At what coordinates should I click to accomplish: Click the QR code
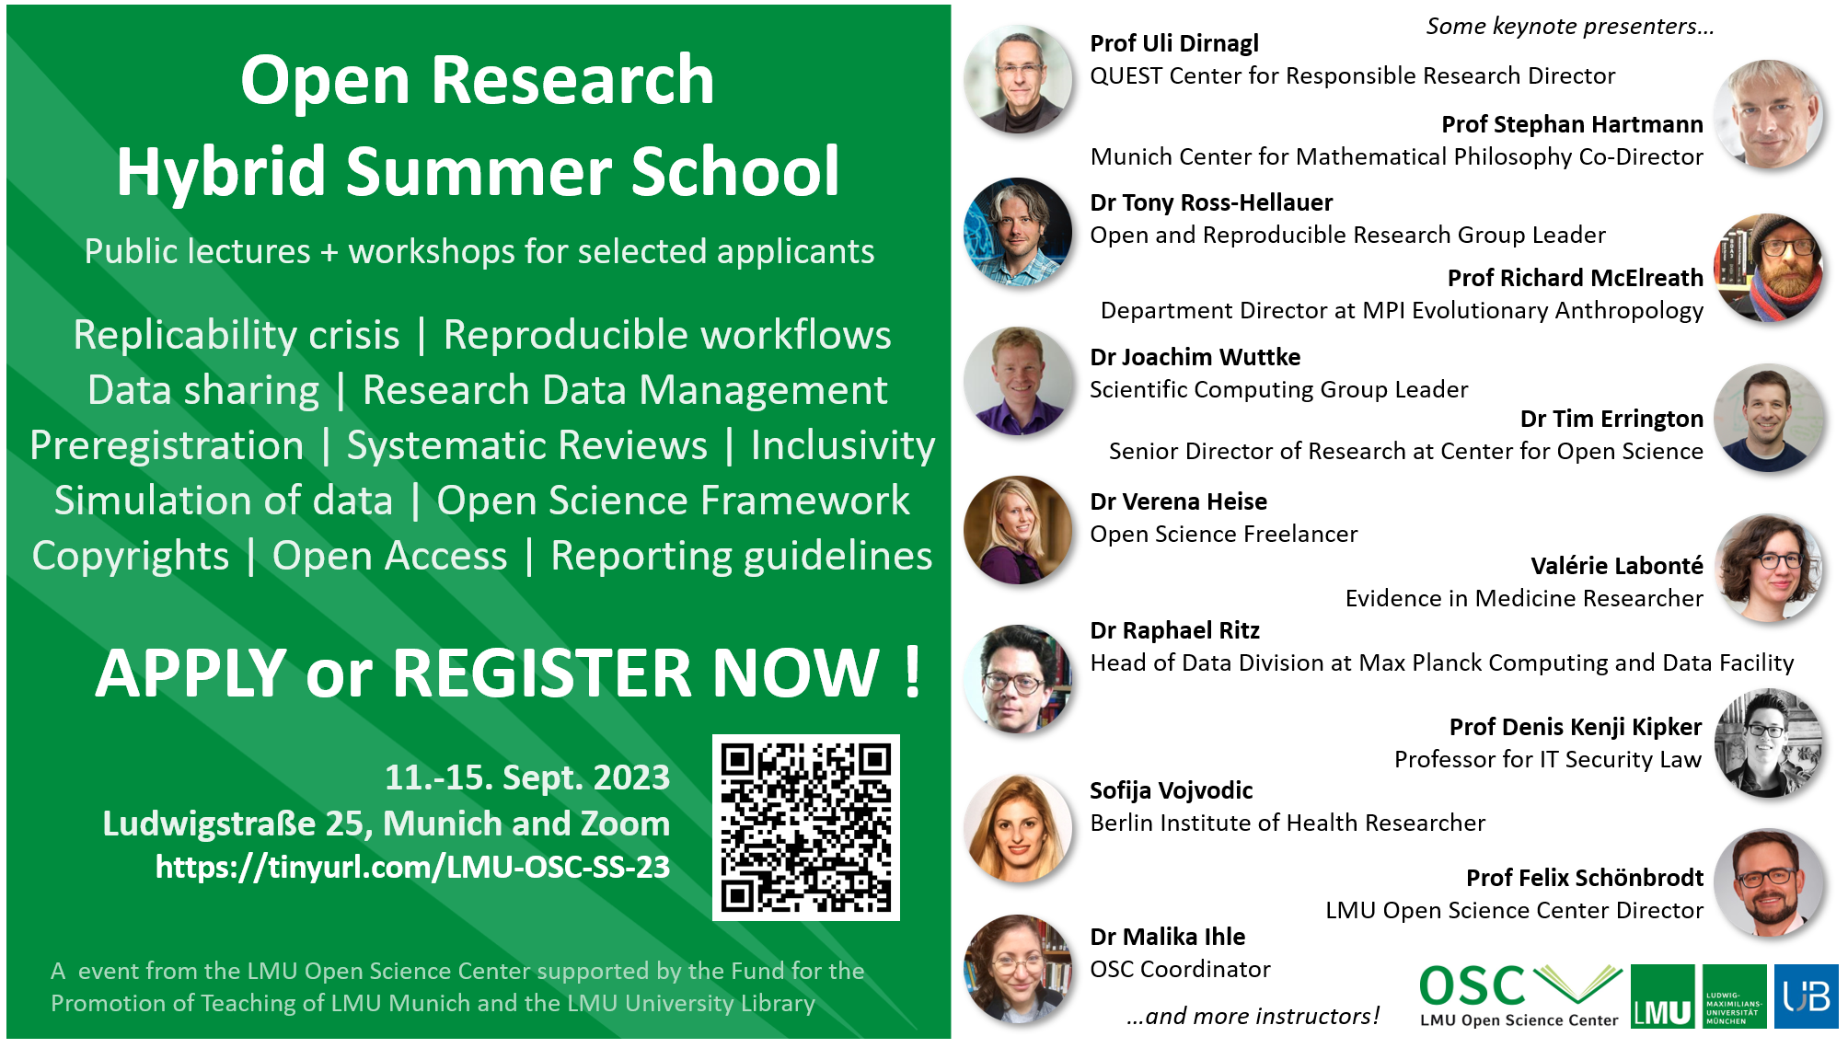[x=806, y=827]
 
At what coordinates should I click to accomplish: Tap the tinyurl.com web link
[x=412, y=867]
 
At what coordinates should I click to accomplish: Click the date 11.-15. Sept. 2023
[x=527, y=777]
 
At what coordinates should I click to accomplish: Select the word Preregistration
[x=167, y=446]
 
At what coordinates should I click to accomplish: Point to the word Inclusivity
[x=843, y=446]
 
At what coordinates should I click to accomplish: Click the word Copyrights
[x=131, y=557]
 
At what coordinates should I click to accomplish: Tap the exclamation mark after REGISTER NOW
[x=912, y=672]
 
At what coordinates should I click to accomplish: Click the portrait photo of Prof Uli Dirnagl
[x=1018, y=79]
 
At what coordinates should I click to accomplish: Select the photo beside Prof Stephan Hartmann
[x=1769, y=114]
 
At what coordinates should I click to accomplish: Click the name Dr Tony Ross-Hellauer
[x=1211, y=202]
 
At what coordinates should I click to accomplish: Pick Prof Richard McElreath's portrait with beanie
[x=1769, y=268]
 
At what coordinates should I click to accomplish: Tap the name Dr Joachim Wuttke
[x=1195, y=357]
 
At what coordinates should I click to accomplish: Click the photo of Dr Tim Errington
[x=1769, y=419]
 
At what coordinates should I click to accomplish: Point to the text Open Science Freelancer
[x=1224, y=534]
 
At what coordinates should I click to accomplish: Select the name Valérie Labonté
[x=1617, y=566]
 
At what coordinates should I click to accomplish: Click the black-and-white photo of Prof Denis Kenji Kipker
[x=1769, y=743]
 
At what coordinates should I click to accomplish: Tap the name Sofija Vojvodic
[x=1172, y=790]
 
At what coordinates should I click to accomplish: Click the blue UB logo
[x=1806, y=996]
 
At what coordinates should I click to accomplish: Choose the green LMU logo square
[x=1662, y=996]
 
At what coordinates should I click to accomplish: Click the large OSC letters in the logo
[x=1473, y=986]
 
